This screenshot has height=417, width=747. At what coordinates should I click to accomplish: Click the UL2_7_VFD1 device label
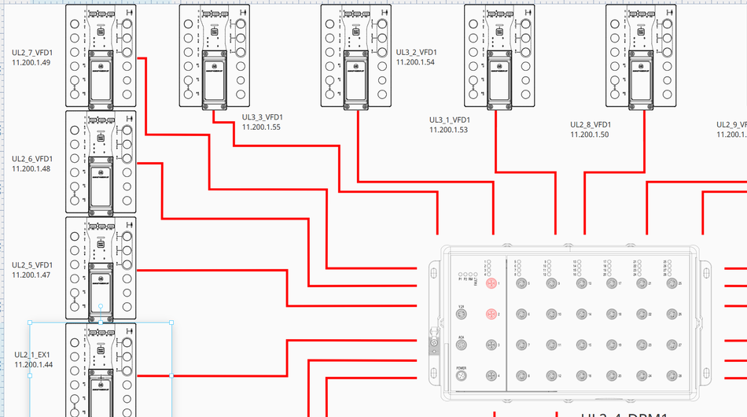point(31,53)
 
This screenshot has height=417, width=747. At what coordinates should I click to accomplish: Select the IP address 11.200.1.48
point(31,168)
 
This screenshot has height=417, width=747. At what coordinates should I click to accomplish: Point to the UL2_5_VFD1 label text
point(32,265)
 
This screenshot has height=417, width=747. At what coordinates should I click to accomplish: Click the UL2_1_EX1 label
point(32,355)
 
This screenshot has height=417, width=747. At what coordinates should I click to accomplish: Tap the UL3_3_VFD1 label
point(262,118)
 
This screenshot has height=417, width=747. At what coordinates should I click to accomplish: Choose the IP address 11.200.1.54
point(415,62)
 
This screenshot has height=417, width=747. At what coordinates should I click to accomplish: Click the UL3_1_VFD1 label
point(448,120)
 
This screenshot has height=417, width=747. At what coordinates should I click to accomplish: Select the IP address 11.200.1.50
point(590,135)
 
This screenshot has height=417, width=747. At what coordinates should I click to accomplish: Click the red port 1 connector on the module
point(491,283)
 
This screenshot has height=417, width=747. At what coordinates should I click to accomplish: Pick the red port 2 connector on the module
point(491,315)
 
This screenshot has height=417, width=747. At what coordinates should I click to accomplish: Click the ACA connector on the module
point(462,345)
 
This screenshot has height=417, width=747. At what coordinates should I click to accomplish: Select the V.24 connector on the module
point(462,315)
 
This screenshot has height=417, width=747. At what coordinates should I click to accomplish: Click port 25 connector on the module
point(671,283)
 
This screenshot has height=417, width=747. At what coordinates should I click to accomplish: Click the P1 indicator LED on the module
point(459,275)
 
